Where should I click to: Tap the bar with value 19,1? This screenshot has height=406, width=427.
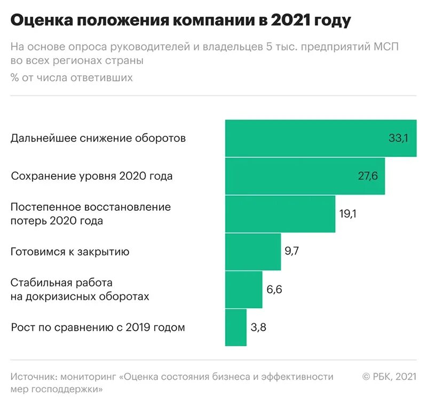(x=280, y=214)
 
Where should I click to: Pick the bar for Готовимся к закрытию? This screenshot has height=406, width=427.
(x=253, y=252)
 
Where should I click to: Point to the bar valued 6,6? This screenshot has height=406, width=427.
(x=244, y=289)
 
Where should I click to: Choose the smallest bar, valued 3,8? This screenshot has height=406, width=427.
(x=236, y=327)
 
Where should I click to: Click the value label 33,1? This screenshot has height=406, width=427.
(x=398, y=139)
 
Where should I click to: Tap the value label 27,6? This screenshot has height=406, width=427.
(x=367, y=176)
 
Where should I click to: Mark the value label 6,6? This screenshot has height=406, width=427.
(x=274, y=289)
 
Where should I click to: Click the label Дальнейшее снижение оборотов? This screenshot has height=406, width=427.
(x=98, y=139)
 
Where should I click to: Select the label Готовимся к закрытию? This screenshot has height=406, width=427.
(x=70, y=252)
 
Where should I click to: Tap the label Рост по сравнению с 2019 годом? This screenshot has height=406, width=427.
(x=98, y=327)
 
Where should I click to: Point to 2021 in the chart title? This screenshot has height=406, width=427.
(x=290, y=21)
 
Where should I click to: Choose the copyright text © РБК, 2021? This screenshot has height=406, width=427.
(x=389, y=377)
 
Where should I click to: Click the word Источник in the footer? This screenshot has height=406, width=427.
(x=33, y=377)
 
